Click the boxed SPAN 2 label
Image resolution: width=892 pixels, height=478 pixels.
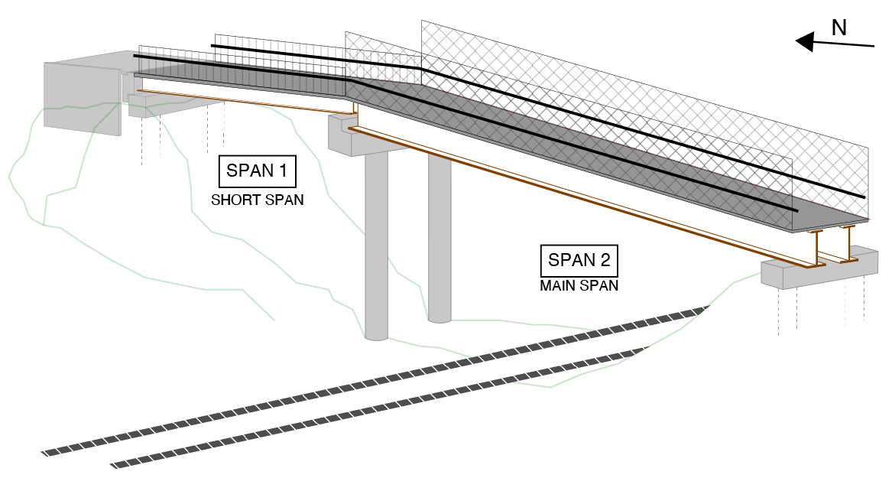[x=579, y=261]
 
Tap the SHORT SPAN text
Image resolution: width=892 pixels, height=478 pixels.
[x=257, y=200]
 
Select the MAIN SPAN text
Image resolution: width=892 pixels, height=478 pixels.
[x=579, y=286]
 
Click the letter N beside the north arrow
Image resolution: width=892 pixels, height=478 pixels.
[x=838, y=28]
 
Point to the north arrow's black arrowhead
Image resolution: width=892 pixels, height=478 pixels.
[x=804, y=41]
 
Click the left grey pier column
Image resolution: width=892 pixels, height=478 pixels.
[x=376, y=245]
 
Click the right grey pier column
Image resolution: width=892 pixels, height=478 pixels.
[x=439, y=237]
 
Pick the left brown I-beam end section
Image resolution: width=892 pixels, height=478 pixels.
[x=816, y=249]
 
